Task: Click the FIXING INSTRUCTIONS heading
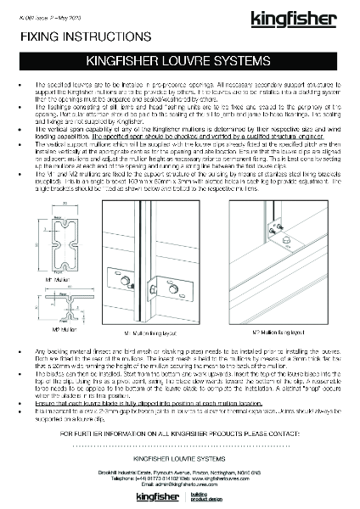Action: point(59,36)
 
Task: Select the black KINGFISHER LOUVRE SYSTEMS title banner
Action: point(180,62)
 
